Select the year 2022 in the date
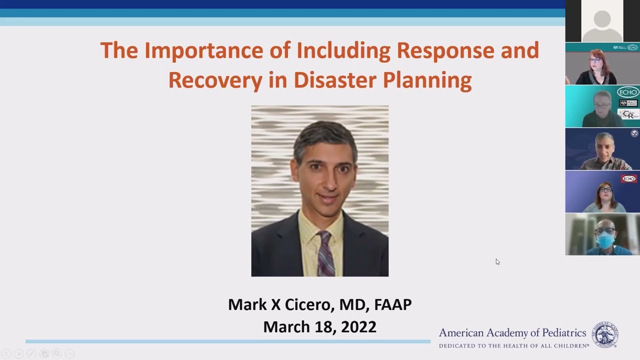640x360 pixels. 358,326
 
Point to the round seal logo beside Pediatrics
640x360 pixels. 604,335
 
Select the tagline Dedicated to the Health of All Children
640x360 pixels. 513,345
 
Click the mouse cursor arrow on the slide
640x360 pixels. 497,261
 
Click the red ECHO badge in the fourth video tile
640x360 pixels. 628,178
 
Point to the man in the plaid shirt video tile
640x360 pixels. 604,150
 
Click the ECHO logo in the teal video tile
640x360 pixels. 628,92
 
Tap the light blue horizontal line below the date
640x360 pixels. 227,341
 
